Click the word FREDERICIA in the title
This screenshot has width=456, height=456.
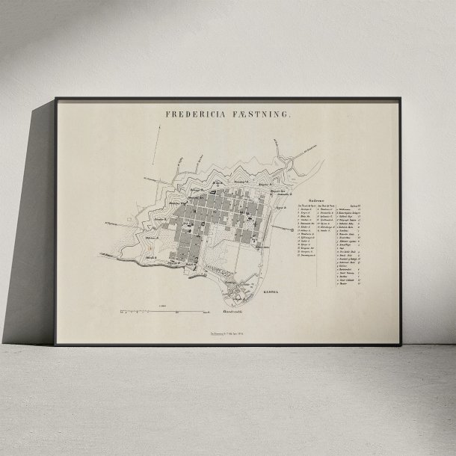click(x=195, y=116)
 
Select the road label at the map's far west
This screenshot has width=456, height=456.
click(x=112, y=222)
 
